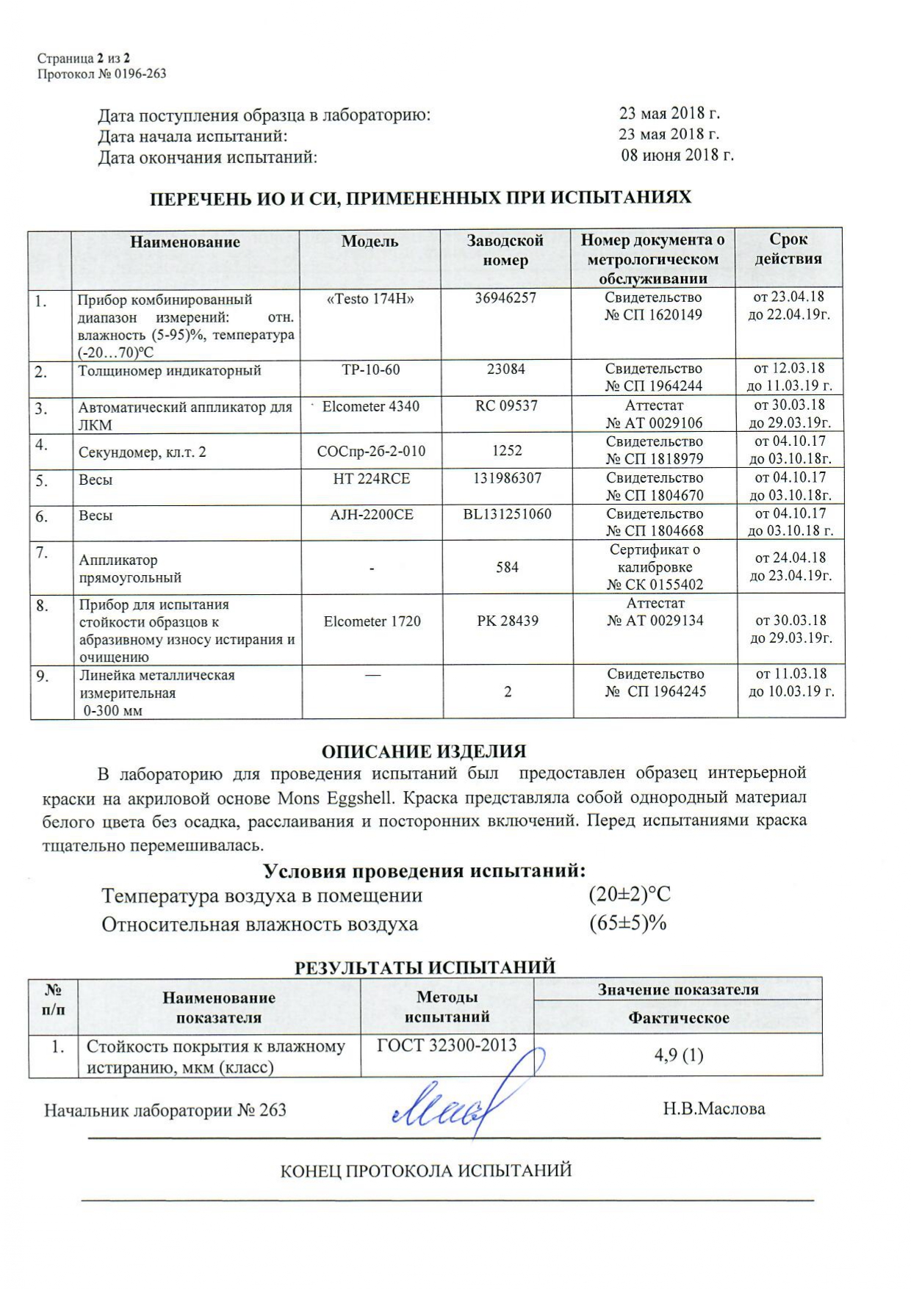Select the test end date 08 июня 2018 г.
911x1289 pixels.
point(677,155)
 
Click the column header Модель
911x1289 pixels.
point(370,242)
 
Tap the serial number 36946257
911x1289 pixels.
point(505,298)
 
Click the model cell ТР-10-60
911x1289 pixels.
point(371,369)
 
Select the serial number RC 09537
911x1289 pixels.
point(506,405)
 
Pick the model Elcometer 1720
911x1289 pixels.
point(372,621)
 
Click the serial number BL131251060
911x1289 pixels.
point(507,514)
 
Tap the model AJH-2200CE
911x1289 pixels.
point(372,515)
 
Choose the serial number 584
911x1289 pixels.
point(507,567)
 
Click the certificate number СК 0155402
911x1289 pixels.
point(655,585)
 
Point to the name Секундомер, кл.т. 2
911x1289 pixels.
point(143,452)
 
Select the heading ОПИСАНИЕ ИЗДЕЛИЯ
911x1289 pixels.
point(424,751)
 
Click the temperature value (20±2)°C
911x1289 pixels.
point(630,895)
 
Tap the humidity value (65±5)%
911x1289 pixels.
point(627,923)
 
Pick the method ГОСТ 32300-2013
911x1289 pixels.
point(447,1045)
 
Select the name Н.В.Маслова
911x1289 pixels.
point(713,1108)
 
